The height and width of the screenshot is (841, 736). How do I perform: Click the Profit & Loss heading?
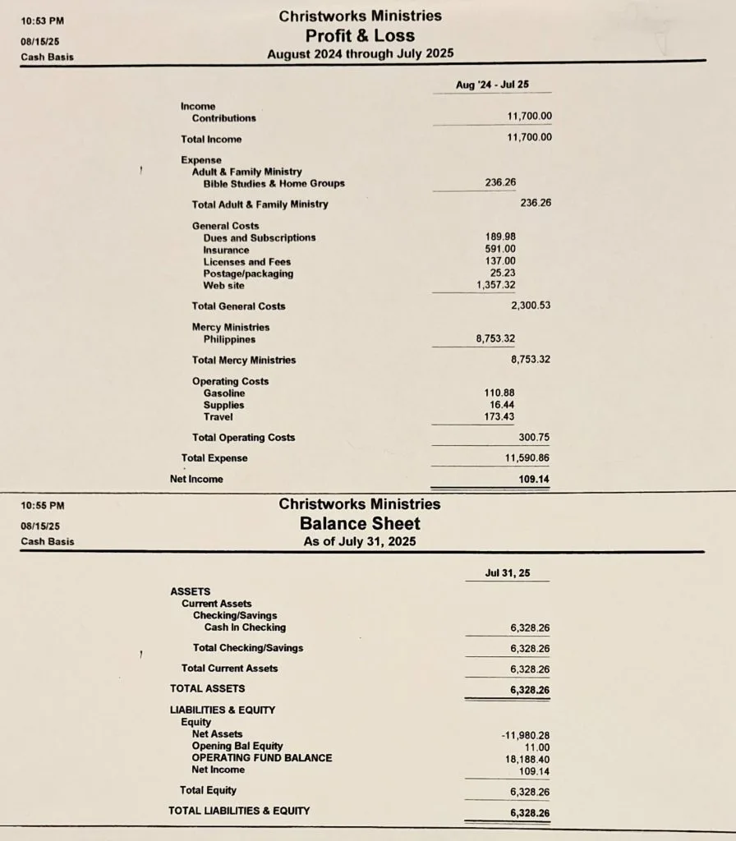click(x=360, y=35)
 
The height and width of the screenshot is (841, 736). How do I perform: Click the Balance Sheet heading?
click(x=360, y=523)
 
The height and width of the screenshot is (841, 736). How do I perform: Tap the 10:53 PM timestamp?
click(x=43, y=21)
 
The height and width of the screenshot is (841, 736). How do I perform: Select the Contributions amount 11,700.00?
click(x=530, y=117)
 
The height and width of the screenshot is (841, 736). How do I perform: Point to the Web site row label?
click(x=223, y=286)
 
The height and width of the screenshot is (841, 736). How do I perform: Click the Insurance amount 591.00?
click(x=500, y=250)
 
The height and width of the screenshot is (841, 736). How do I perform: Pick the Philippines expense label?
click(x=229, y=339)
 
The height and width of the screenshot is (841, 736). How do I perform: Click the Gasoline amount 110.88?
click(x=499, y=393)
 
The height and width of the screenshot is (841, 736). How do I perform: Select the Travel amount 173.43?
click(x=499, y=417)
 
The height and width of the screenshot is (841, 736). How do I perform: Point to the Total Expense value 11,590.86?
click(x=527, y=457)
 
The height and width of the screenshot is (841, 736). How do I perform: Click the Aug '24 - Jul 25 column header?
click(x=492, y=85)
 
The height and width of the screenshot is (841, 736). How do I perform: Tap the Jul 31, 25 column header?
click(x=507, y=573)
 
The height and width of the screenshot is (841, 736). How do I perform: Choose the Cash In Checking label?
click(x=245, y=627)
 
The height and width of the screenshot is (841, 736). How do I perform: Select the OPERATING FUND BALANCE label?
click(x=262, y=758)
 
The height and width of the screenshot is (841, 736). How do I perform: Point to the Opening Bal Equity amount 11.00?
click(x=537, y=747)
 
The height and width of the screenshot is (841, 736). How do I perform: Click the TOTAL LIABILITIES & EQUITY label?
click(x=239, y=811)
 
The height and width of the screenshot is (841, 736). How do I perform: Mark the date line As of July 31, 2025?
click(x=360, y=541)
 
